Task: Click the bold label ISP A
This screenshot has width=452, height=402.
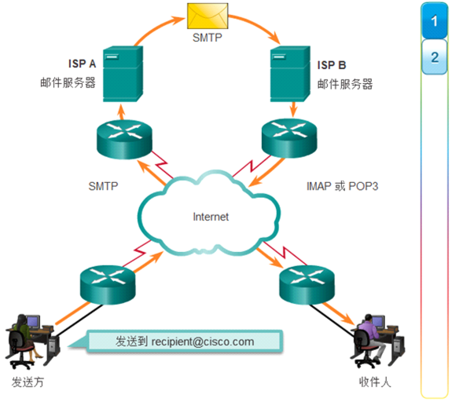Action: (x=81, y=64)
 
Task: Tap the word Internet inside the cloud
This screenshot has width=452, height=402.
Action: (x=210, y=216)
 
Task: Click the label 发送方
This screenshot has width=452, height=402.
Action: (x=28, y=382)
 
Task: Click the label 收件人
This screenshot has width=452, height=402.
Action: (x=373, y=382)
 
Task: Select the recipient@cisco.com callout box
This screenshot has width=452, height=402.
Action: (x=185, y=342)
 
